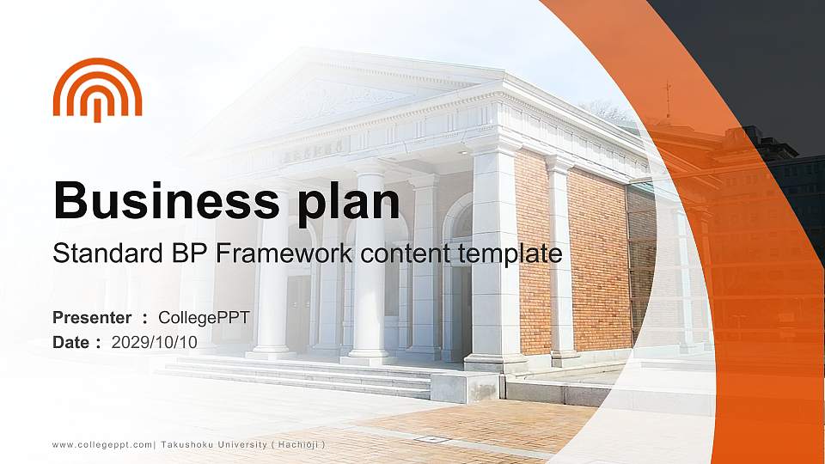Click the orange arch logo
(97, 89)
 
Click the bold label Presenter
(92, 318)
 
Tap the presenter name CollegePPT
(205, 318)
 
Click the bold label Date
(71, 342)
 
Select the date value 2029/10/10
(155, 342)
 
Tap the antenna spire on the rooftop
(668, 99)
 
